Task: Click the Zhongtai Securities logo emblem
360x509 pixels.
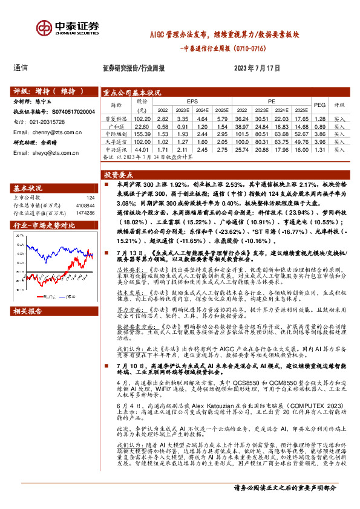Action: point(44,28)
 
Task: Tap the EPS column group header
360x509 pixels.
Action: point(192,102)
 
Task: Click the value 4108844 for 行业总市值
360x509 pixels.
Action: point(85,205)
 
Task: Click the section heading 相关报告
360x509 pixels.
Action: point(28,294)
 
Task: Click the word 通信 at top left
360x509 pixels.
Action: point(21,68)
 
